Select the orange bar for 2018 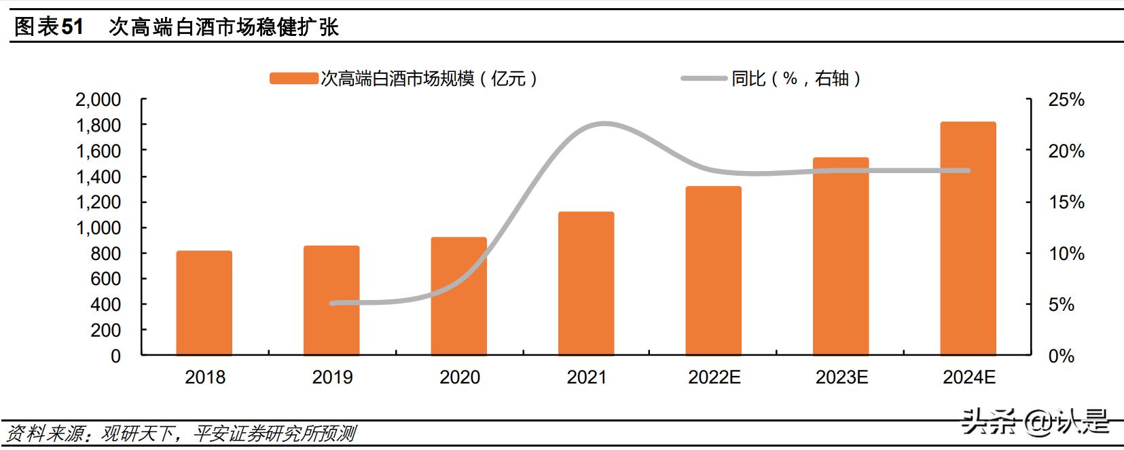[x=204, y=303]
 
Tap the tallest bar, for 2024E [x=968, y=239]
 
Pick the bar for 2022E [x=713, y=271]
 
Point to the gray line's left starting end [x=332, y=303]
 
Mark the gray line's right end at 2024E [x=968, y=170]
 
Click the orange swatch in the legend [x=293, y=79]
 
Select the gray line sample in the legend [x=704, y=79]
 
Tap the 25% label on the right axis [x=1066, y=100]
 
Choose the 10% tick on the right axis [x=1066, y=253]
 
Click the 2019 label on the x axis [x=332, y=377]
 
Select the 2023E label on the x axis [x=841, y=377]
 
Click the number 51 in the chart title [x=72, y=26]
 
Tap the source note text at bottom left [x=181, y=433]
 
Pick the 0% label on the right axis [x=1061, y=356]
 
